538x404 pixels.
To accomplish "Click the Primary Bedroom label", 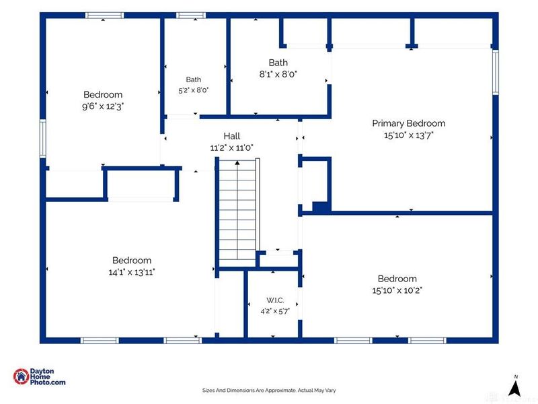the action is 409,123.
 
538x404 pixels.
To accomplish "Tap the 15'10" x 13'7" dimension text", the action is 409,135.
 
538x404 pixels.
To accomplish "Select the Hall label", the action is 232,136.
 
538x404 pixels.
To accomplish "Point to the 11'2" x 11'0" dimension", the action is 232,147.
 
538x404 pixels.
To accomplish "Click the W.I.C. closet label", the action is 275,300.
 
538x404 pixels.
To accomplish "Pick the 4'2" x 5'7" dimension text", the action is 275,311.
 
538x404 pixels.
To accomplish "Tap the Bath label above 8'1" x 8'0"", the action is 278,63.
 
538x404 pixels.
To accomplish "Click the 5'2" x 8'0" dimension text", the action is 194,90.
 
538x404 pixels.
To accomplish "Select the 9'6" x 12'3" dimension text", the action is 103,106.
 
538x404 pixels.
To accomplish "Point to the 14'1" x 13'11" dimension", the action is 132,272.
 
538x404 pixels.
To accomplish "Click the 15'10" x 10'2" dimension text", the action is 397,290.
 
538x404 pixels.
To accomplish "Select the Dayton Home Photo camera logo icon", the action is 22,376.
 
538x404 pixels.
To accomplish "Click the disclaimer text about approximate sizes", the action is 269,391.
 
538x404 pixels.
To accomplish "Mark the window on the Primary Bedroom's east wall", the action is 496,72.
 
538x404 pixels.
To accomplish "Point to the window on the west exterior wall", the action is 43,139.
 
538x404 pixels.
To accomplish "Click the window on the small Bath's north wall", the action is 191,15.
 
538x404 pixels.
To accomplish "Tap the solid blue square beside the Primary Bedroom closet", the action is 321,207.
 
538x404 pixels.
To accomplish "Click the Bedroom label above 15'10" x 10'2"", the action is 397,279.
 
